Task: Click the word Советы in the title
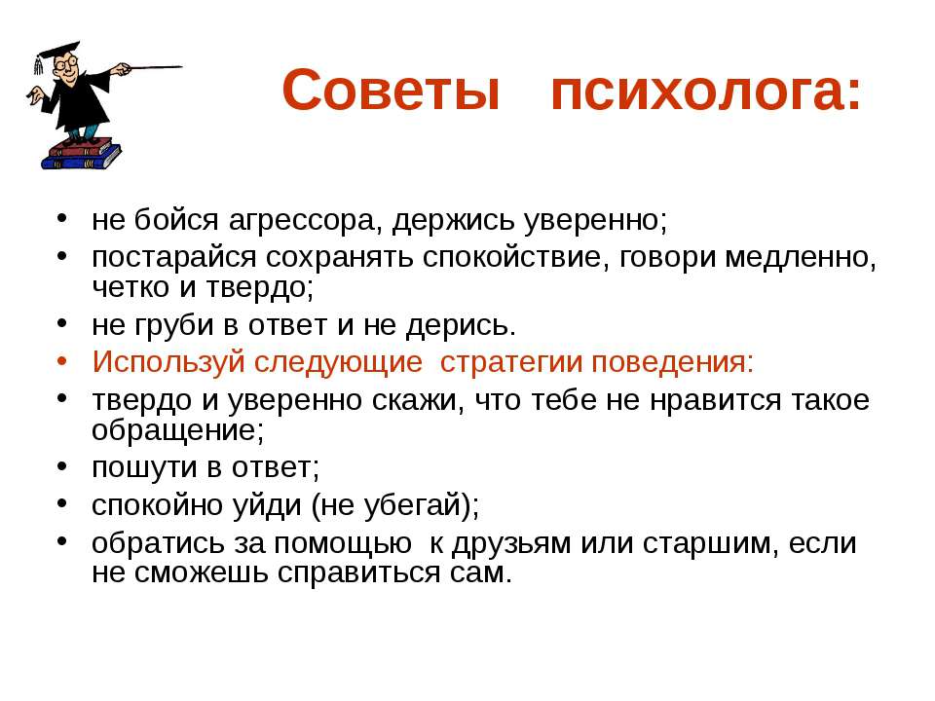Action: pos(391,90)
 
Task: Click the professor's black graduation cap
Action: pos(56,53)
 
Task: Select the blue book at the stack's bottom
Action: pos(81,158)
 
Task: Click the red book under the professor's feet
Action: pos(80,147)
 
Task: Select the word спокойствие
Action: pos(516,258)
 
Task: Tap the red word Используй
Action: pos(168,362)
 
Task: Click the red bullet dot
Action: pos(62,360)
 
